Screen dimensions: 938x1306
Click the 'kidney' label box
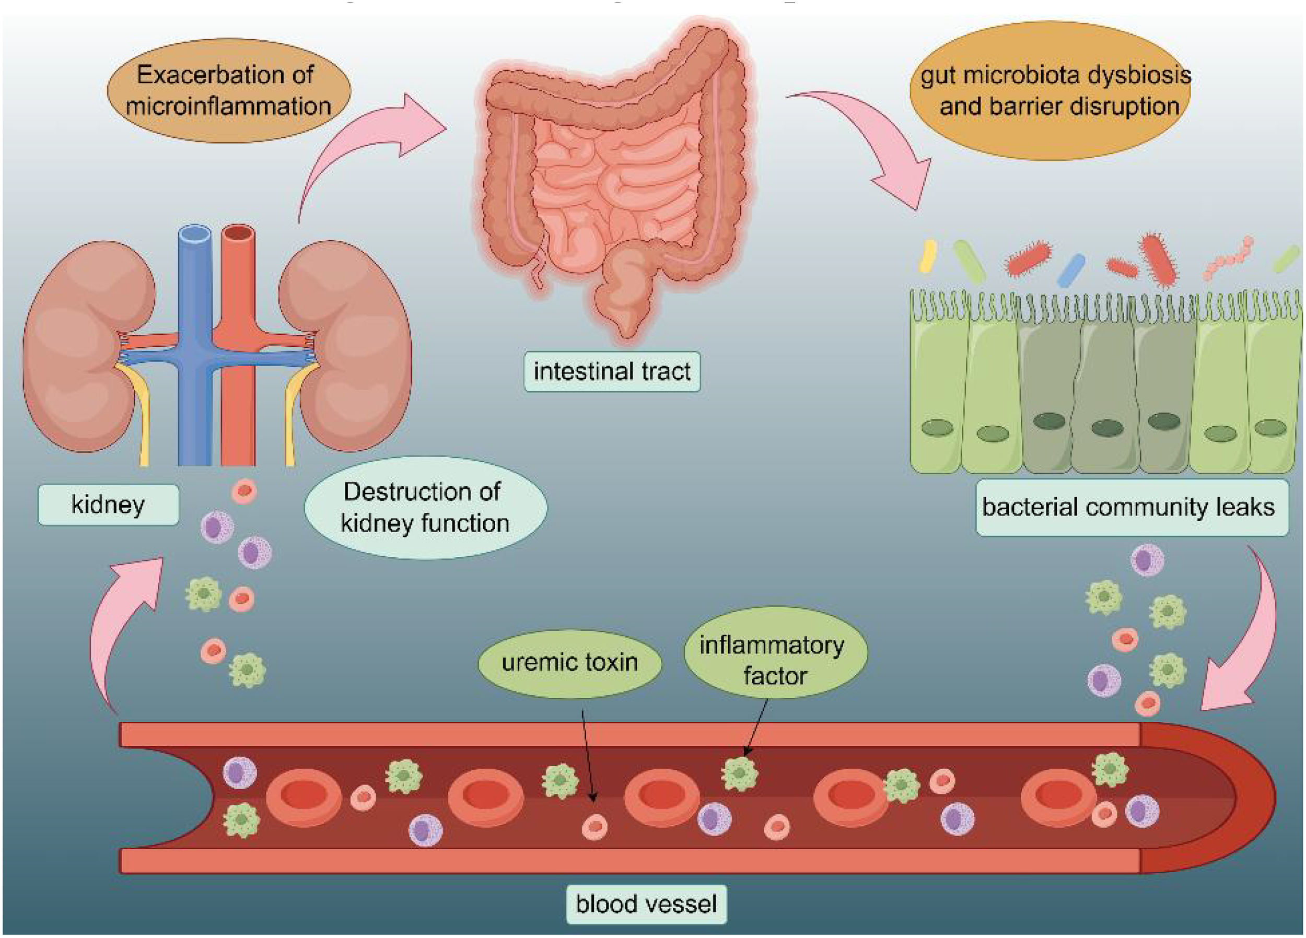click(108, 505)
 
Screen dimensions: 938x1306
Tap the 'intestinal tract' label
click(612, 371)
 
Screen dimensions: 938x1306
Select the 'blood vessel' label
click(646, 904)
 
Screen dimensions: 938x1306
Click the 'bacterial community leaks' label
click(1132, 507)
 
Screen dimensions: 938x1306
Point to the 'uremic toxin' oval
click(569, 662)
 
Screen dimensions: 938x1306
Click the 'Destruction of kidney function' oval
click(425, 507)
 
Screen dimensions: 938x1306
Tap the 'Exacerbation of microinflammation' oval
click(228, 91)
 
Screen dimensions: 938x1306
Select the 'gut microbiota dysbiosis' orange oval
click(1053, 91)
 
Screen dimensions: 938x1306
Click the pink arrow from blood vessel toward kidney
click(121, 622)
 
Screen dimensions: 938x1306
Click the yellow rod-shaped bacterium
click(927, 257)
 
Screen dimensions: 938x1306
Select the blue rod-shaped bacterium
click(1071, 270)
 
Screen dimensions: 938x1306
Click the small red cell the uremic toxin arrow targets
click(595, 827)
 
